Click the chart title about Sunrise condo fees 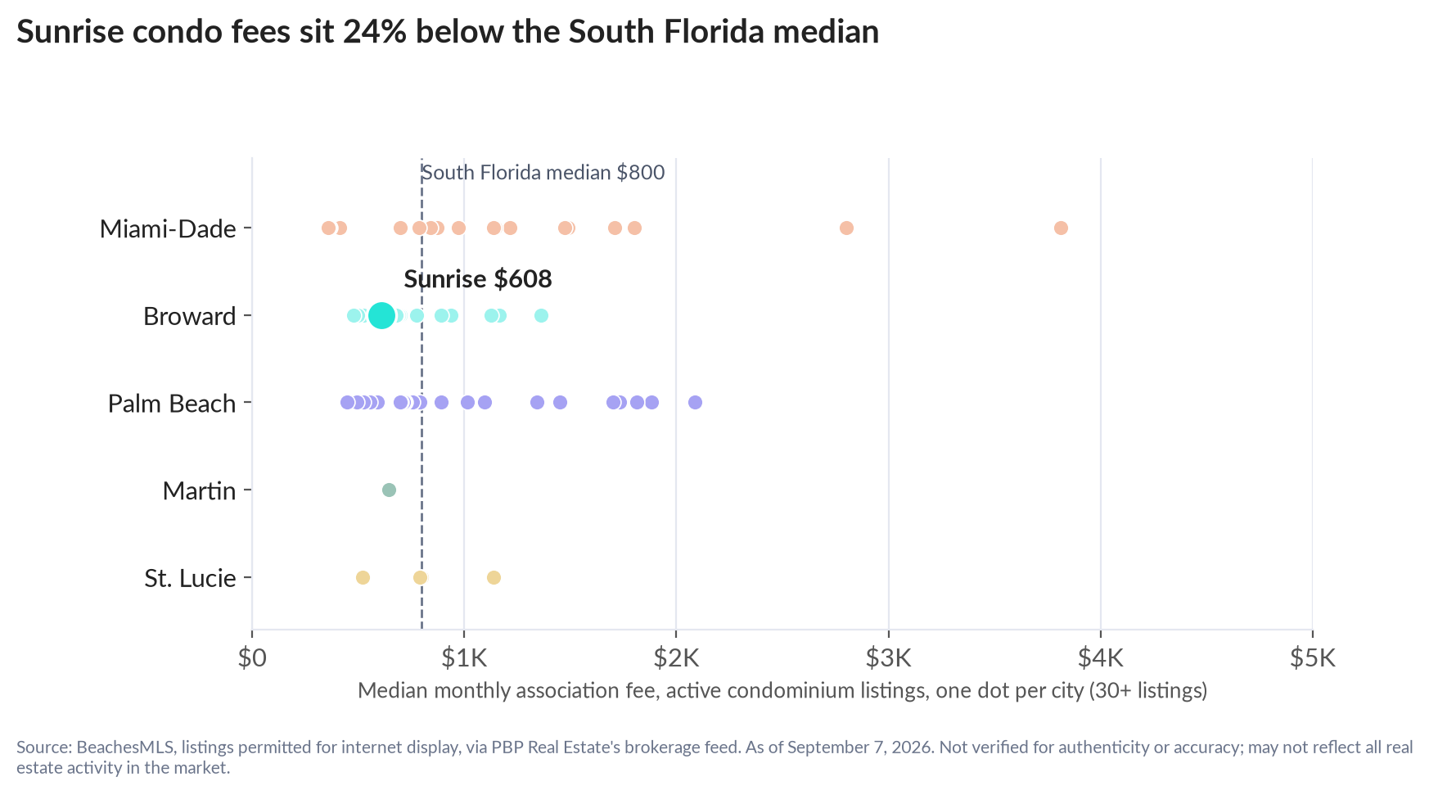pos(448,32)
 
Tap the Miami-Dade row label pos(168,228)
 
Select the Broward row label pos(189,316)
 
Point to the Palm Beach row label pos(172,404)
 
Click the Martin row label pos(199,490)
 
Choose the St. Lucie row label pos(190,578)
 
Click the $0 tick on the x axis pos(252,657)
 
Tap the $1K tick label pos(464,657)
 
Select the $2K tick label pos(676,657)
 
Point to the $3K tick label pos(888,657)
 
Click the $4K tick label pos(1100,657)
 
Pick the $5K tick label pos(1312,657)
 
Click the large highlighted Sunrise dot pos(381,315)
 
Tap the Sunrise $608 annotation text pos(478,279)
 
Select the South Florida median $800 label pos(543,173)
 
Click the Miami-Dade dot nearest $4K pos(1061,228)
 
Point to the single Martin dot pos(389,490)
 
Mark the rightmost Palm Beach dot pos(695,402)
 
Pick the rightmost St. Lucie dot pos(494,577)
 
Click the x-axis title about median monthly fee pos(782,691)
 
